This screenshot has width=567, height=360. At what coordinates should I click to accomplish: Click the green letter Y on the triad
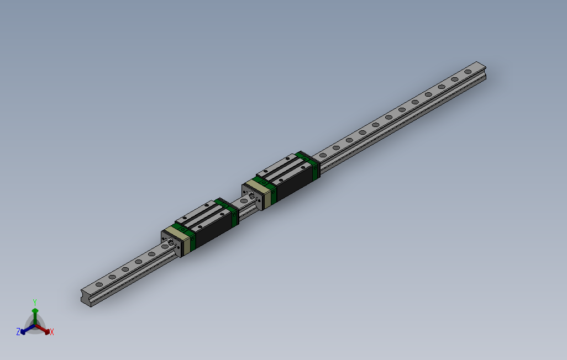tap(34, 301)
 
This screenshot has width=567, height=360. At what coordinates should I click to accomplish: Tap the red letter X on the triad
tap(52, 332)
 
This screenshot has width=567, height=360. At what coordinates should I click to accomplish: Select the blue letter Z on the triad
tap(18, 332)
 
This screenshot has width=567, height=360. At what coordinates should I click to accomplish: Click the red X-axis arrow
tap(44, 330)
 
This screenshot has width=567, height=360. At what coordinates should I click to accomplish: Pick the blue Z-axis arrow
tap(26, 330)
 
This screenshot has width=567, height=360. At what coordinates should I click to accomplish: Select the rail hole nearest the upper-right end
tap(468, 71)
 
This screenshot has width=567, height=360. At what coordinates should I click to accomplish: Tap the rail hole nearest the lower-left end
tap(98, 284)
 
